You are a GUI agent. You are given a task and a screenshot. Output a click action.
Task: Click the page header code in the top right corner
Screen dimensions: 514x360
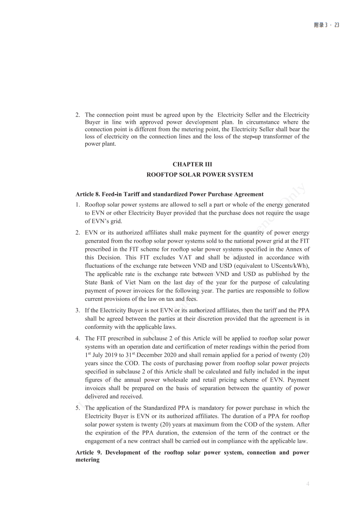(326, 25)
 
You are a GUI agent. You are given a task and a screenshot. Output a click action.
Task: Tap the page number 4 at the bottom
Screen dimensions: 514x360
(308, 484)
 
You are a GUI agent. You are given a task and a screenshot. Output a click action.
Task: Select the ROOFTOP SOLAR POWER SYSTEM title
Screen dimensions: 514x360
(200, 175)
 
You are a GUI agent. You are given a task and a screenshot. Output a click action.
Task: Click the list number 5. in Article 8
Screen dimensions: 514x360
(78, 408)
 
